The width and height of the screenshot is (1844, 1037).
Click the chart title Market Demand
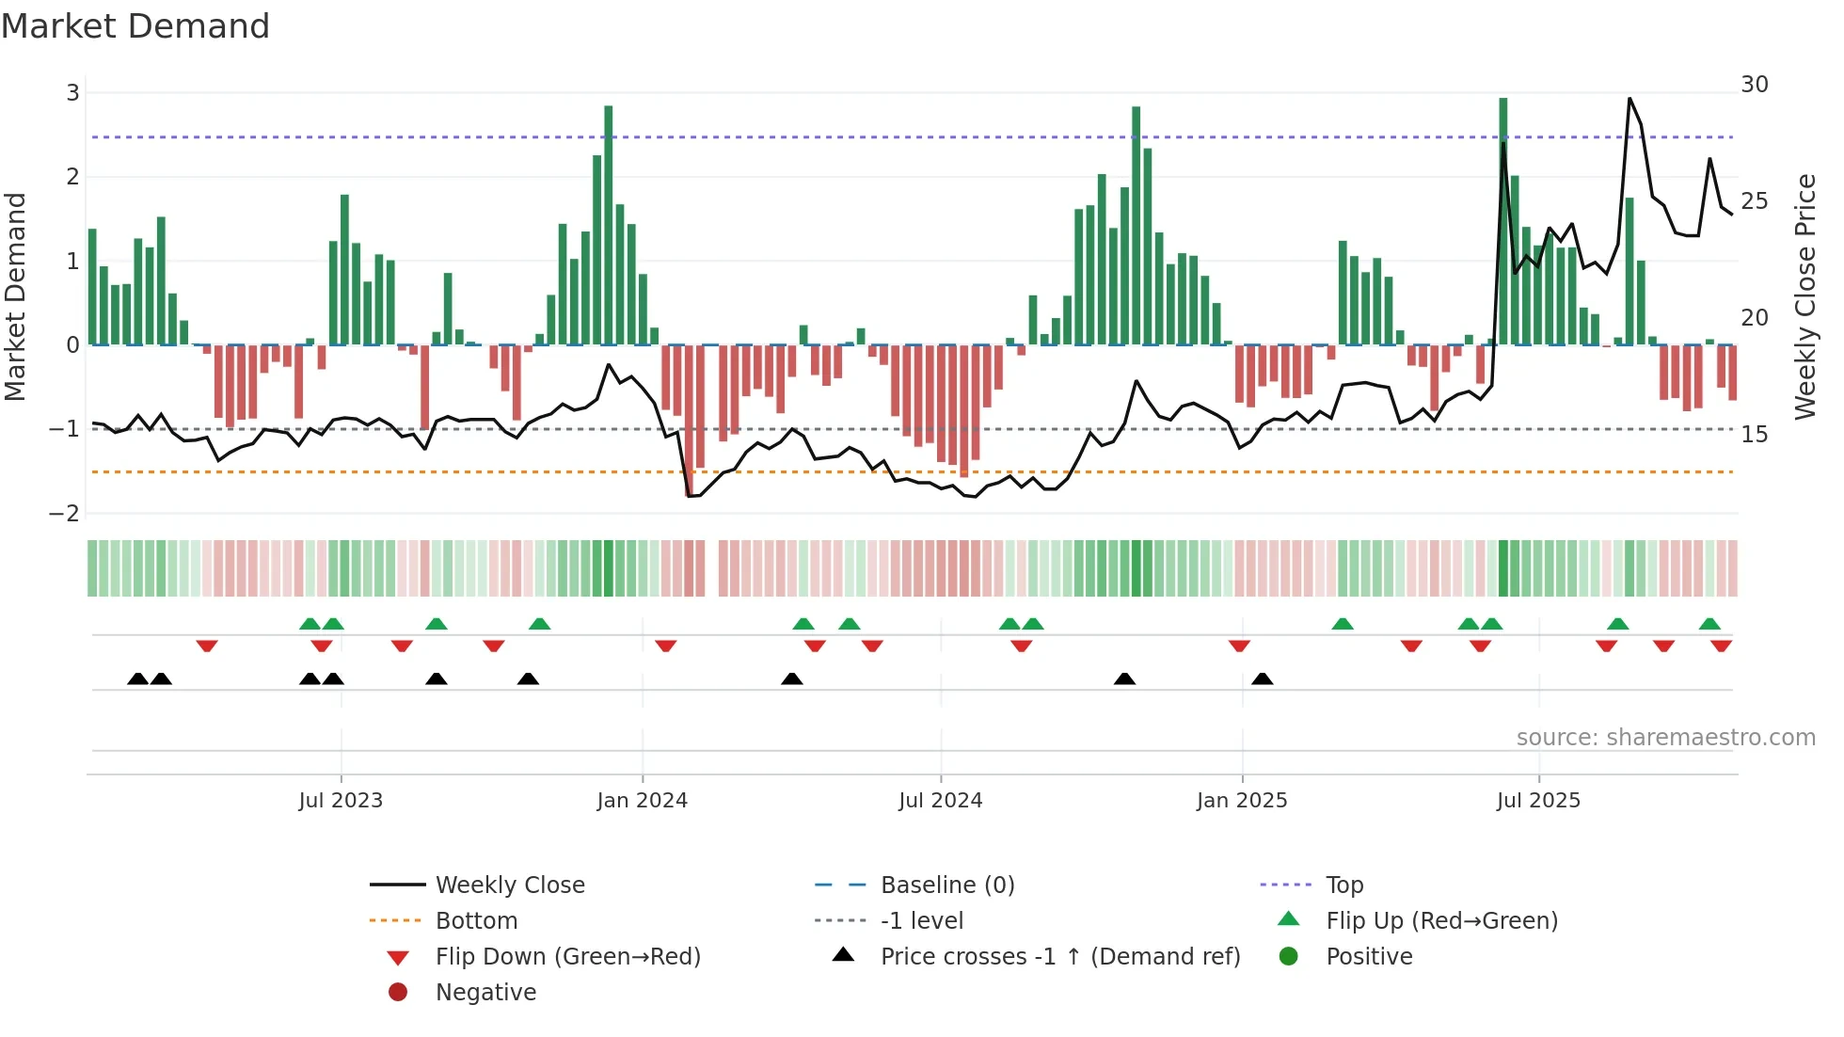pos(135,26)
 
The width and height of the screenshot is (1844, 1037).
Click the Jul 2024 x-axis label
pos(940,801)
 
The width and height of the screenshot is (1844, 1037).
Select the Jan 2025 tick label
pos(1242,801)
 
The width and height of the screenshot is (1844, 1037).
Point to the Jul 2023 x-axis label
pos(341,801)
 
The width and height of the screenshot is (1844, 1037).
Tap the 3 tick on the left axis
pos(72,93)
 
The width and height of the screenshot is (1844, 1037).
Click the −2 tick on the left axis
pos(65,514)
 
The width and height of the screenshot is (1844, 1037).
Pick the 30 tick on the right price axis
pos(1755,85)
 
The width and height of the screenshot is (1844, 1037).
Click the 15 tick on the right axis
pos(1755,435)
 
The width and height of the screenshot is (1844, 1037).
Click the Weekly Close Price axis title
pos(1804,296)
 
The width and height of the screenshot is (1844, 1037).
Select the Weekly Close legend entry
pos(510,885)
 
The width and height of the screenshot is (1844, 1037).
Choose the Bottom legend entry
pos(476,921)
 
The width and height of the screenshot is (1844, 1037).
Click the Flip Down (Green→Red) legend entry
pos(567,957)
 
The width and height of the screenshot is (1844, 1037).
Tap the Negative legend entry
pos(485,993)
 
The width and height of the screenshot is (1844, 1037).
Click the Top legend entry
pos(1344,885)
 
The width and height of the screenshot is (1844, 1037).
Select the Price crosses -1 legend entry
pos(1060,957)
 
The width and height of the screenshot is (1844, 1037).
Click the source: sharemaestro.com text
pos(1665,738)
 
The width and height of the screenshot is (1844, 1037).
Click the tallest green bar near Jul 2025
pos(1503,221)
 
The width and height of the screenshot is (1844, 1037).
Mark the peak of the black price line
pos(1629,99)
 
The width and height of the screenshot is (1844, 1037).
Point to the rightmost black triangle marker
pos(1263,679)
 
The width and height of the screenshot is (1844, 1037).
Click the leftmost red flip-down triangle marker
pos(207,646)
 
